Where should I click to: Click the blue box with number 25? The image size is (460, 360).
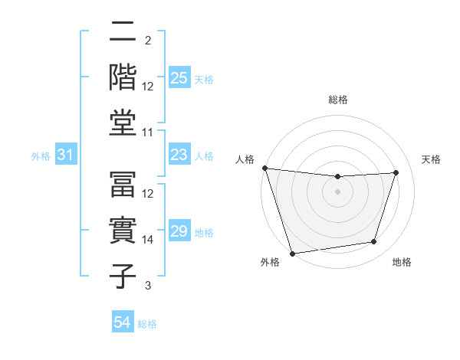tap(179, 78)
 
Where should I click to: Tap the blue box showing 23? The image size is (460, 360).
tap(179, 155)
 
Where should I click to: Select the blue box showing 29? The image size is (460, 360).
tap(179, 231)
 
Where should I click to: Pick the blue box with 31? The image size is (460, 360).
tap(66, 155)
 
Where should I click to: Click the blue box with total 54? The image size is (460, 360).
tap(123, 322)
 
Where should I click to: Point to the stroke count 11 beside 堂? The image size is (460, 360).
tap(148, 132)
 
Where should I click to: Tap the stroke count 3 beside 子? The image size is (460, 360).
tap(148, 286)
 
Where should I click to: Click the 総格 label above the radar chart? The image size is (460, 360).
tap(337, 100)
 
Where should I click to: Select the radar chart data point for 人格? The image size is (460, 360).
tap(264, 168)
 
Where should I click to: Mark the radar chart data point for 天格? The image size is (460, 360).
tap(396, 172)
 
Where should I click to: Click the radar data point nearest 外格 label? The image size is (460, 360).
tap(292, 253)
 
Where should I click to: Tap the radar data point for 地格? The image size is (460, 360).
tap(374, 242)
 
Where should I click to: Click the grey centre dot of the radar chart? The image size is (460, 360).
tap(337, 191)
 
